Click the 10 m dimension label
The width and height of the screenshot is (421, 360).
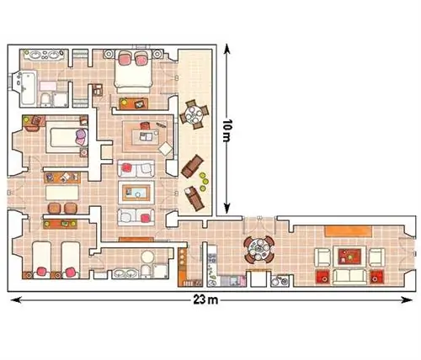[227, 130]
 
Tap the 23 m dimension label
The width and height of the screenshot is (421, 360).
[205, 300]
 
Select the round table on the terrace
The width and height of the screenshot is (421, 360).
[195, 114]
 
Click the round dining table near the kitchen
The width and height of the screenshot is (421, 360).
[259, 250]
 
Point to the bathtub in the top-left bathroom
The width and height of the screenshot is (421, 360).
[28, 87]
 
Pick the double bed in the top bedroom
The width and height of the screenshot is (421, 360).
[133, 71]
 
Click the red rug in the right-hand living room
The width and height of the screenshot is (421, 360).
[349, 257]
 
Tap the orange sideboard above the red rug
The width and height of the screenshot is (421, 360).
[349, 231]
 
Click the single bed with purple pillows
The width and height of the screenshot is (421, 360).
[67, 137]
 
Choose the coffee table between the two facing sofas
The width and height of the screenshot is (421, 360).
[136, 193]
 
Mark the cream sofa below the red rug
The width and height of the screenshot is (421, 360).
[349, 277]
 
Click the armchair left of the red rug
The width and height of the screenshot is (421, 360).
[322, 257]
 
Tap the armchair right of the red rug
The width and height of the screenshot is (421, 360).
[376, 257]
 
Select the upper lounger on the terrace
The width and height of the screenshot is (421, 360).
[192, 166]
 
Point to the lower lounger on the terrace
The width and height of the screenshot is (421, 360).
[195, 199]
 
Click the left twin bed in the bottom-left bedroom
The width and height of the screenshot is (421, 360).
[42, 260]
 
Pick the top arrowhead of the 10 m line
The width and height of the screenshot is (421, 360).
[227, 48]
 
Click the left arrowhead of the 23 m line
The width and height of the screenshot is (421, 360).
[16, 300]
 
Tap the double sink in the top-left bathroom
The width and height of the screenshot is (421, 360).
[44, 55]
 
